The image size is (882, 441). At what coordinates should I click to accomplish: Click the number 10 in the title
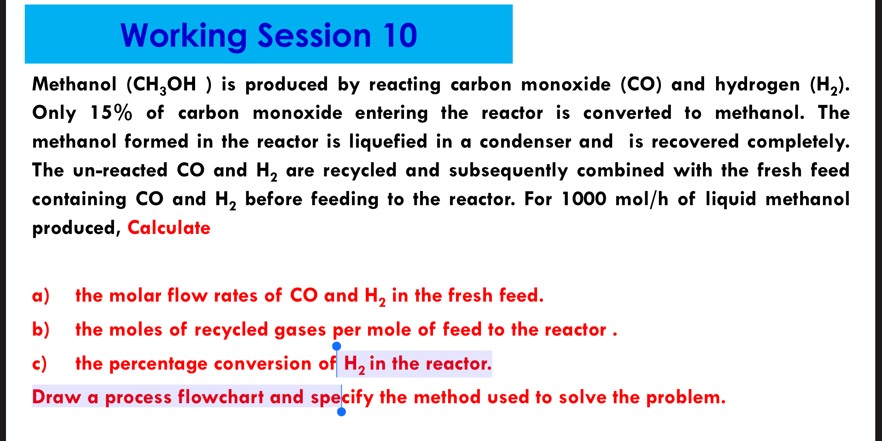pyautogui.click(x=400, y=36)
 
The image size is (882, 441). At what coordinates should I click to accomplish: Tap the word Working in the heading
pyautogui.click(x=183, y=36)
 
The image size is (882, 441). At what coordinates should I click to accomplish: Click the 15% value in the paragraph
pyautogui.click(x=111, y=113)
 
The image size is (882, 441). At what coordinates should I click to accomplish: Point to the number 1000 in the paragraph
pyautogui.click(x=584, y=199)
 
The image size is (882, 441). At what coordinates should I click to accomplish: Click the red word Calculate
pyautogui.click(x=169, y=228)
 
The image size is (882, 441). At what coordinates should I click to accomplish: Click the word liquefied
pyautogui.click(x=388, y=142)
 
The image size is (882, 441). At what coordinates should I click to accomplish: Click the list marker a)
pyautogui.click(x=41, y=296)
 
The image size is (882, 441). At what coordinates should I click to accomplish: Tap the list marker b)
pyautogui.click(x=41, y=330)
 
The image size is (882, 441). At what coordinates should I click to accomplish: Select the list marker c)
pyautogui.click(x=40, y=364)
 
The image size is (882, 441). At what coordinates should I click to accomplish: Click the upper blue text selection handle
pyautogui.click(x=336, y=346)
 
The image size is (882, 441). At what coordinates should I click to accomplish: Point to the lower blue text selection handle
pyautogui.click(x=341, y=412)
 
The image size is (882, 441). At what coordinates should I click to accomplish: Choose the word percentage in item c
pyautogui.click(x=158, y=364)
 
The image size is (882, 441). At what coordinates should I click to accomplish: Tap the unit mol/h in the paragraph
pyautogui.click(x=642, y=199)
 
